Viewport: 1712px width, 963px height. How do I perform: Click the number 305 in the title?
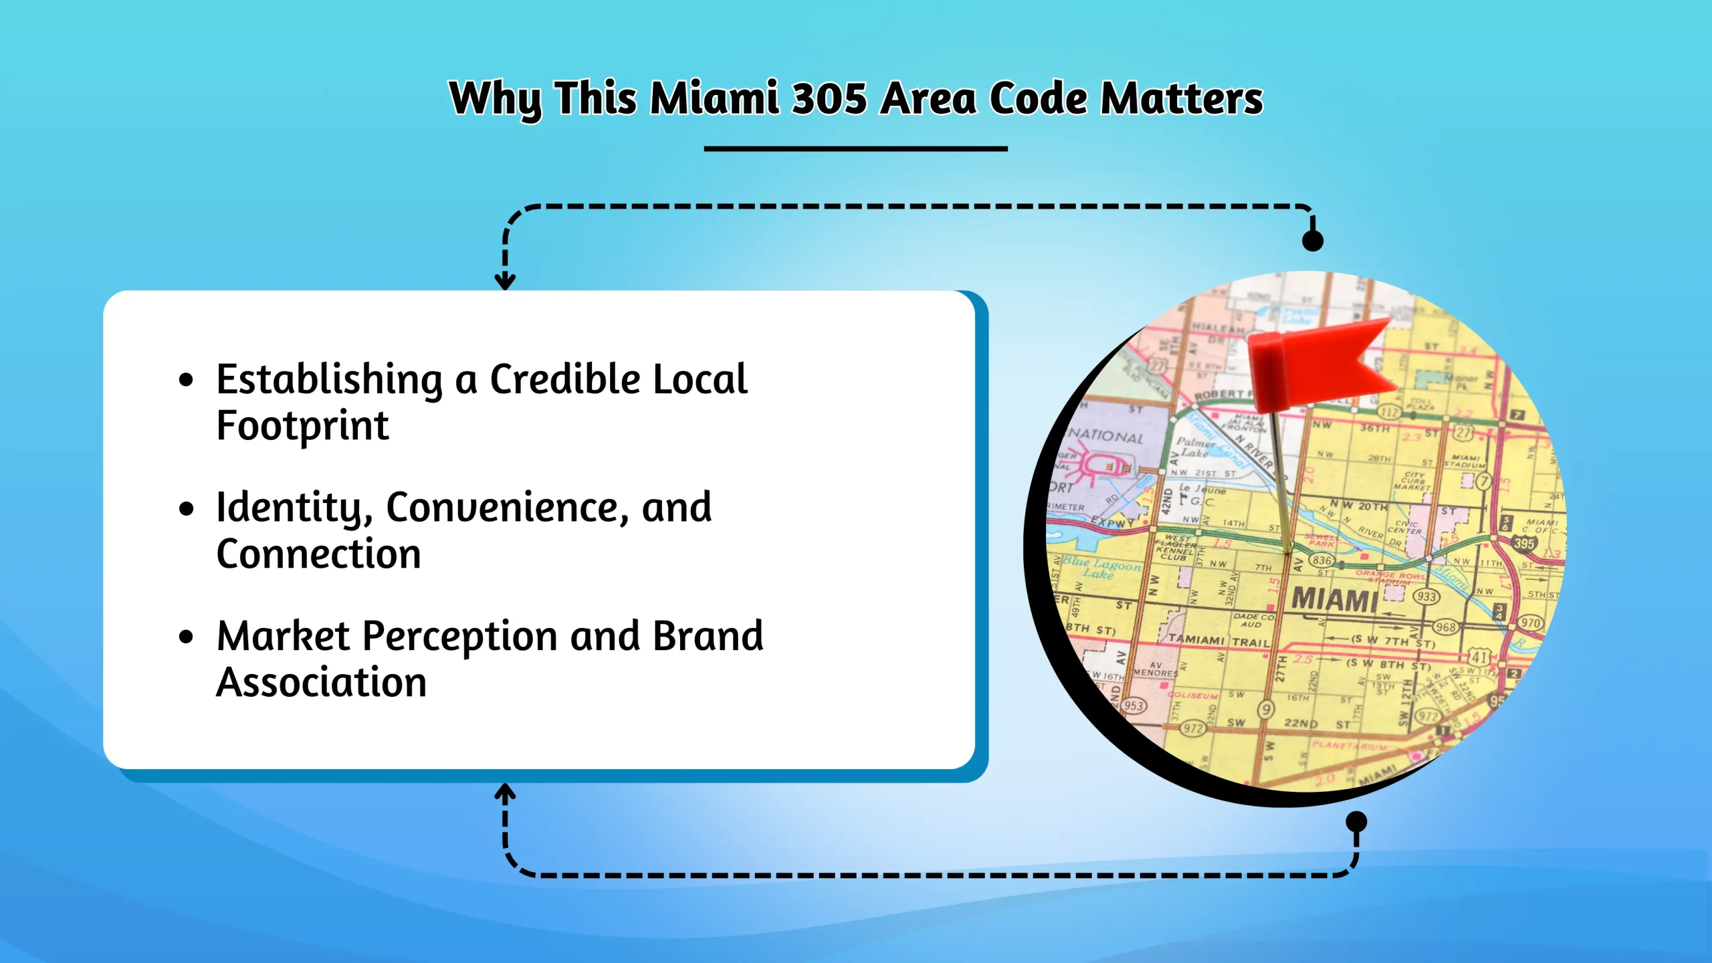click(829, 98)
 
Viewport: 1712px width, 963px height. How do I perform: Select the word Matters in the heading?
click(1182, 98)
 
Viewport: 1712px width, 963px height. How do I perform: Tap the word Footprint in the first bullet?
click(302, 426)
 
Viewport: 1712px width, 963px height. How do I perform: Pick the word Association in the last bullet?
click(321, 683)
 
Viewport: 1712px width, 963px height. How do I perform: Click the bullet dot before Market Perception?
click(186, 637)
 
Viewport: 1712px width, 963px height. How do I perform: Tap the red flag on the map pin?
click(1321, 364)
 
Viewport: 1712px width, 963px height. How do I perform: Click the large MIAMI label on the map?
click(1334, 599)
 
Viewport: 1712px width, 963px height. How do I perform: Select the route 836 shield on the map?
click(1321, 560)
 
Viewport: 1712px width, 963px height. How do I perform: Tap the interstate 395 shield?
click(1524, 544)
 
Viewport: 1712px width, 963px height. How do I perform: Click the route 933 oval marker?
click(1426, 597)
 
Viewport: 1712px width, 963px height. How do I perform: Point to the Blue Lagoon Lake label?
click(1101, 568)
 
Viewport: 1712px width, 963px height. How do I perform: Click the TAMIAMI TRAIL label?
click(1218, 641)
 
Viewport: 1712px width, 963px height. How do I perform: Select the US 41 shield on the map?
click(1479, 657)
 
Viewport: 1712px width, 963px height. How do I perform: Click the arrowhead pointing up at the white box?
click(505, 793)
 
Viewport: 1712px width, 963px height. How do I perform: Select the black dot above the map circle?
click(1313, 241)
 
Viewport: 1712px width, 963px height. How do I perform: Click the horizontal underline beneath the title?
click(855, 148)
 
